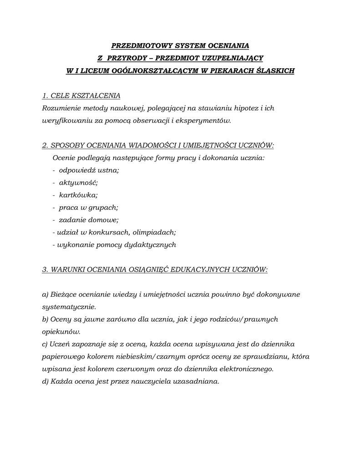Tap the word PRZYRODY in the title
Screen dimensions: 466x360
coord(129,58)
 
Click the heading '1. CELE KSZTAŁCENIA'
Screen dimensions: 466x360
coord(81,96)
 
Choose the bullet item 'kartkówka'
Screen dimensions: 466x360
coord(78,195)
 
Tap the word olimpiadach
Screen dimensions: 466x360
coord(156,232)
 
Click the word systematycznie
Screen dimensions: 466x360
coord(69,307)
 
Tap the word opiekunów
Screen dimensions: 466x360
coord(61,331)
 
